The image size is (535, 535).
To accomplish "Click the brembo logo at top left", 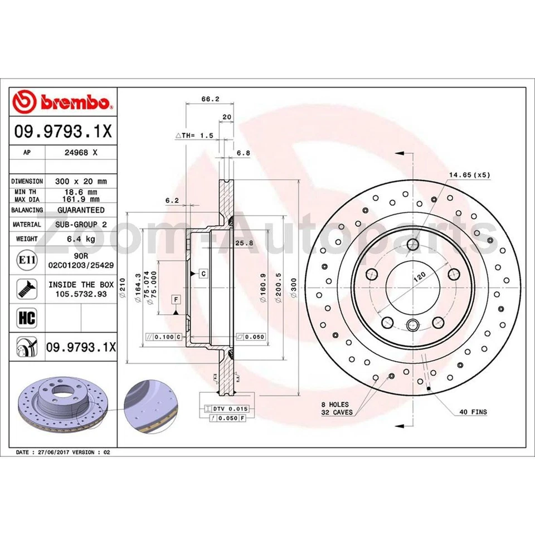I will click(62, 102).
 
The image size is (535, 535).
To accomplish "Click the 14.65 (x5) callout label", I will click(469, 175).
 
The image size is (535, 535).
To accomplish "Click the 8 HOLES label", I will click(334, 404).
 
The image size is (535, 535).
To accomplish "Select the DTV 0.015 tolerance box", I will click(226, 408).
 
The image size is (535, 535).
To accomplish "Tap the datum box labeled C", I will click(203, 273).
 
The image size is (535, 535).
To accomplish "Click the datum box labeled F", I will click(176, 300).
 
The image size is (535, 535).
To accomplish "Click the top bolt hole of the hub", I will click(413, 244).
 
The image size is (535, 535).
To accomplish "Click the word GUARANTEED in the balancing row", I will click(81, 210).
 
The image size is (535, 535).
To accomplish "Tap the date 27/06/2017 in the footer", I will click(53, 453).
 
